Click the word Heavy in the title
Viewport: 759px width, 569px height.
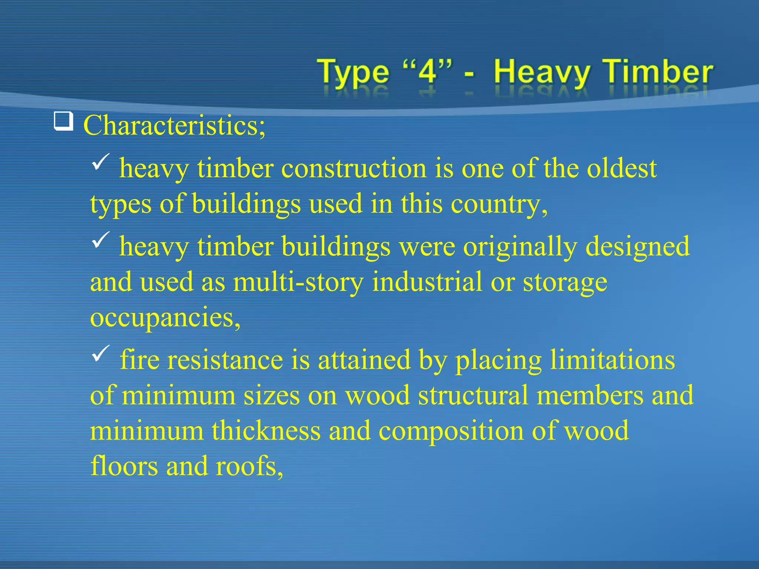[x=542, y=72]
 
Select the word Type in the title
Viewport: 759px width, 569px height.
[x=353, y=72]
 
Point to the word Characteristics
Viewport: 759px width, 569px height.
[x=174, y=125]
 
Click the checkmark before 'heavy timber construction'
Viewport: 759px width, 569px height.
[x=100, y=162]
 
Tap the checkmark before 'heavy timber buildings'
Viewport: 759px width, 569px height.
[x=100, y=240]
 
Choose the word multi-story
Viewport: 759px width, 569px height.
[x=298, y=282]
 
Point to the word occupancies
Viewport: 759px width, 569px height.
[x=165, y=318]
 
